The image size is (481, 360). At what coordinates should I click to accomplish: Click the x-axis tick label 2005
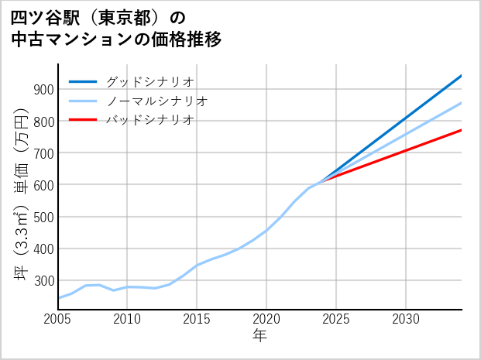pyautogui.click(x=58, y=319)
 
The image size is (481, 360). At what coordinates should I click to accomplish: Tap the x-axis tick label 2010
pyautogui.click(x=127, y=319)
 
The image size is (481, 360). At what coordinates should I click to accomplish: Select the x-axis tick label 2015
pyautogui.click(x=197, y=319)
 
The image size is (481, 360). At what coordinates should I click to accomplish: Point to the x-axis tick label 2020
pyautogui.click(x=266, y=319)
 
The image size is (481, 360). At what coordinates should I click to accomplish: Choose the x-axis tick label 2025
pyautogui.click(x=336, y=319)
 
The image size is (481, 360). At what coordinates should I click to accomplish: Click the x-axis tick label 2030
pyautogui.click(x=406, y=319)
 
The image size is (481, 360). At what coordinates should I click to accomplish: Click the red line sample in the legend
pyautogui.click(x=84, y=120)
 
